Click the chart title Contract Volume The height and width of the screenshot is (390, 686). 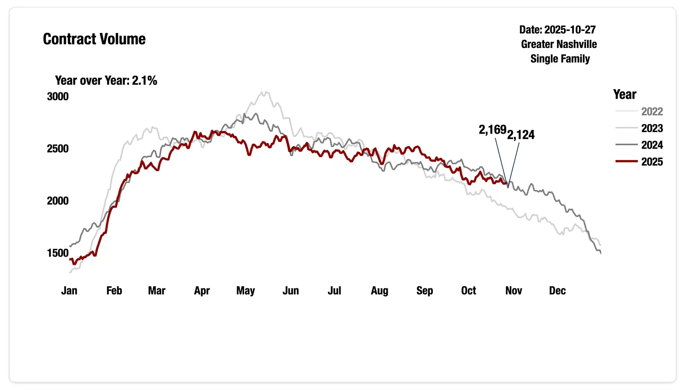[94, 39]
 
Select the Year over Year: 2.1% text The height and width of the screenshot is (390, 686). [106, 80]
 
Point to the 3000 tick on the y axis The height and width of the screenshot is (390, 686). [58, 96]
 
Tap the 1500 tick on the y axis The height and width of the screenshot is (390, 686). [58, 253]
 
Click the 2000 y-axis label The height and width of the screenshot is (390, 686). [58, 201]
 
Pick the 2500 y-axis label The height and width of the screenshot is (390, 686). [58, 149]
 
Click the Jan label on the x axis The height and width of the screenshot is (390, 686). [69, 291]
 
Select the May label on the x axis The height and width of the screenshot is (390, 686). [245, 291]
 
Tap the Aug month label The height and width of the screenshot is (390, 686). [379, 291]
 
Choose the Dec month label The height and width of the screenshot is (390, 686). [557, 291]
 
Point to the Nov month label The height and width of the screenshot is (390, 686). [514, 291]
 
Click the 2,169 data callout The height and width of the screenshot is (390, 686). [492, 130]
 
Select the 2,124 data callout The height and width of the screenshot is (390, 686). [521, 135]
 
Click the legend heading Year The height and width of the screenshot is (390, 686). [625, 94]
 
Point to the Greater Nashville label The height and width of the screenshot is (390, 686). [559, 44]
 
